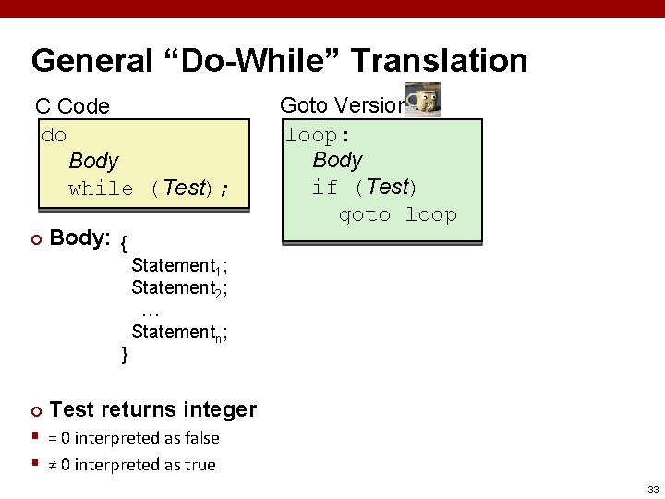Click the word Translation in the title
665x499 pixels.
point(439,62)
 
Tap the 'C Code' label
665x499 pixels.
point(72,106)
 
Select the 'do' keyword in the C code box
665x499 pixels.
point(54,135)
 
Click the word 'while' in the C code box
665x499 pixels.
point(101,189)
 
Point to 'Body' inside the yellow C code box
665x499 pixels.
point(93,161)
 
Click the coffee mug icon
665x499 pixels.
point(424,100)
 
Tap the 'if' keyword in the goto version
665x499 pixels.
point(324,188)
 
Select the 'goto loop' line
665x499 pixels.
point(397,215)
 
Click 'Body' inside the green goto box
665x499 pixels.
point(337,160)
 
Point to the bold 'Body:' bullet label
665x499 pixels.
point(80,238)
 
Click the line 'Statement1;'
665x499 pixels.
point(179,267)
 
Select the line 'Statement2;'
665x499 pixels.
point(179,288)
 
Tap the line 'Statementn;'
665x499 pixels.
point(179,333)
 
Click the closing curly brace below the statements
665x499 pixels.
point(126,353)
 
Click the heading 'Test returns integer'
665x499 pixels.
point(153,409)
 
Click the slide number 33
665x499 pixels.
point(652,489)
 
